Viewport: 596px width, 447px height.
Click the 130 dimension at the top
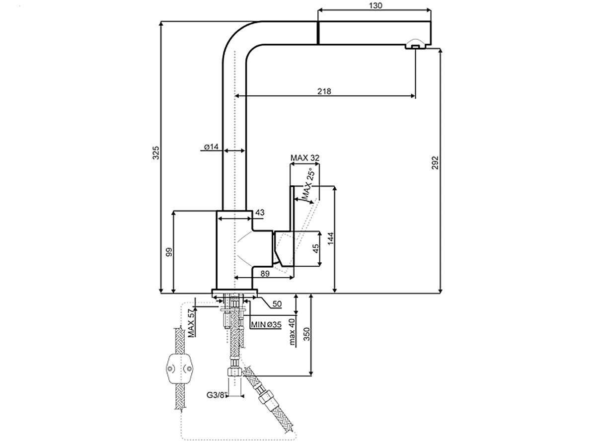tap(375, 5)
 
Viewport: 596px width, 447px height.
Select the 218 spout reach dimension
tap(324, 91)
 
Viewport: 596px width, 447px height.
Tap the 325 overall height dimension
tap(155, 152)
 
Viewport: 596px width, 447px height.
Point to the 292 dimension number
tap(435, 162)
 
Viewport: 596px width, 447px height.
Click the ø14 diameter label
tap(211, 147)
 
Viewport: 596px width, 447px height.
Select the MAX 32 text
tap(305, 157)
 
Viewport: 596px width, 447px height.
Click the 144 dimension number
tap(330, 238)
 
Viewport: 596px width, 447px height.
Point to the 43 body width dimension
tap(260, 213)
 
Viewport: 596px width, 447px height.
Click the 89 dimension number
tap(265, 274)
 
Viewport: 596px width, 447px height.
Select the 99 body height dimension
tap(169, 252)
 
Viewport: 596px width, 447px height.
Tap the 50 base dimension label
tap(277, 304)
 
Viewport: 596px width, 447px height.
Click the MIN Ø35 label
tap(266, 325)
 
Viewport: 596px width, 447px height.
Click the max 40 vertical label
tap(292, 332)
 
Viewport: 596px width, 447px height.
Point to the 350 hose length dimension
tap(306, 334)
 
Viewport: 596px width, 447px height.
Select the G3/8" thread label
tap(217, 395)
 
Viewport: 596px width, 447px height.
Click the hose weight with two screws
tap(179, 369)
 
